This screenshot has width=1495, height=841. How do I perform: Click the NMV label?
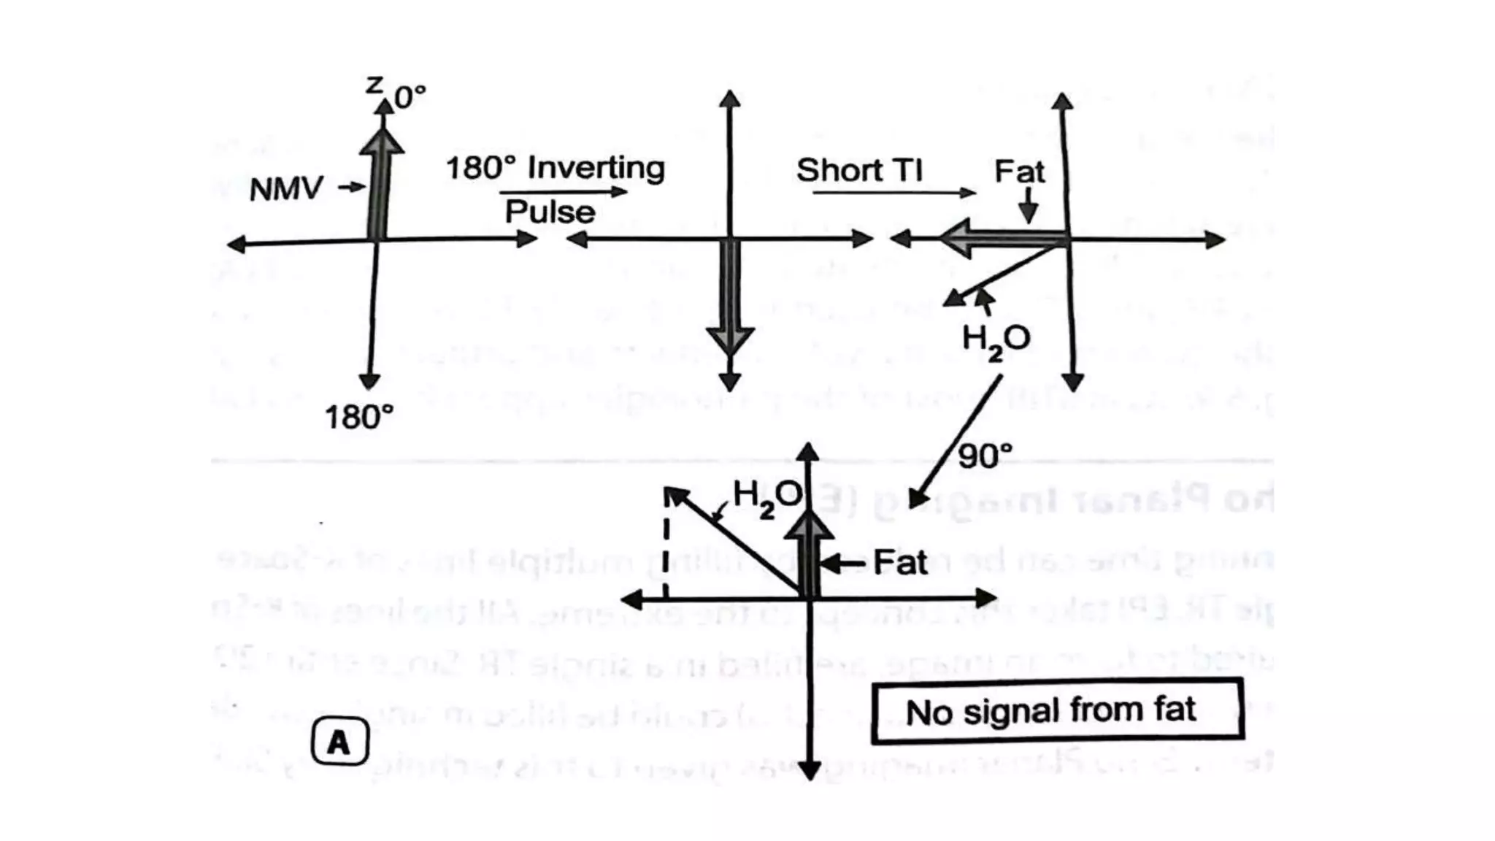(285, 189)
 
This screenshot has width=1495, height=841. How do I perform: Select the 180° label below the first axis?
(359, 418)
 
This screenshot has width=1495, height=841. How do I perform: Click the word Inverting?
(596, 168)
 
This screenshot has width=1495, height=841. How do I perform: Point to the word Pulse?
(550, 212)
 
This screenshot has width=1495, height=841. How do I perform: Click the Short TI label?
(859, 170)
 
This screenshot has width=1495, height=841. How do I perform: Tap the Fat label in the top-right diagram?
(1019, 172)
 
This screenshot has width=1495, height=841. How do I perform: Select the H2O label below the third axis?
(996, 340)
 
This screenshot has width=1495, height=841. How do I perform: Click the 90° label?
(985, 456)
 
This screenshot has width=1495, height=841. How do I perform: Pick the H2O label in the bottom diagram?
(766, 497)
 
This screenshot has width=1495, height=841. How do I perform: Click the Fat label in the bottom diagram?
(900, 563)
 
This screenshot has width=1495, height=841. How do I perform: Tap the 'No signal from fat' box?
(1057, 710)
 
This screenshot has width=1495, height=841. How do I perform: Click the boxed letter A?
(339, 742)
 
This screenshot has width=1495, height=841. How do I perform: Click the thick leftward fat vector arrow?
(1000, 238)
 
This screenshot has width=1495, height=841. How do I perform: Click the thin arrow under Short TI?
(893, 193)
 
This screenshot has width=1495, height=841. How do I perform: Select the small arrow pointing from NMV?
(352, 187)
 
